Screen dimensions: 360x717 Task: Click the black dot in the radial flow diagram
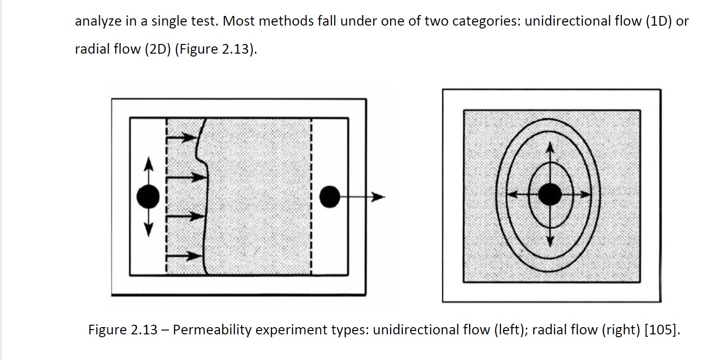[550, 194]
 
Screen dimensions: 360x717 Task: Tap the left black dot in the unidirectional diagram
[148, 197]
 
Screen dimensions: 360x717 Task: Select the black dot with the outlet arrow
[329, 197]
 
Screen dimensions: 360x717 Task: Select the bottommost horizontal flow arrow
[184, 256]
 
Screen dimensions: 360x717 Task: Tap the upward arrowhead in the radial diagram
[550, 147]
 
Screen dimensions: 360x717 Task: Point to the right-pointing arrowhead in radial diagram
[586, 194]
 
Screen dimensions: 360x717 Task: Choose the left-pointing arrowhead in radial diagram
[512, 194]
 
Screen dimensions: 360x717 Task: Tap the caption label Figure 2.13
[123, 330]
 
